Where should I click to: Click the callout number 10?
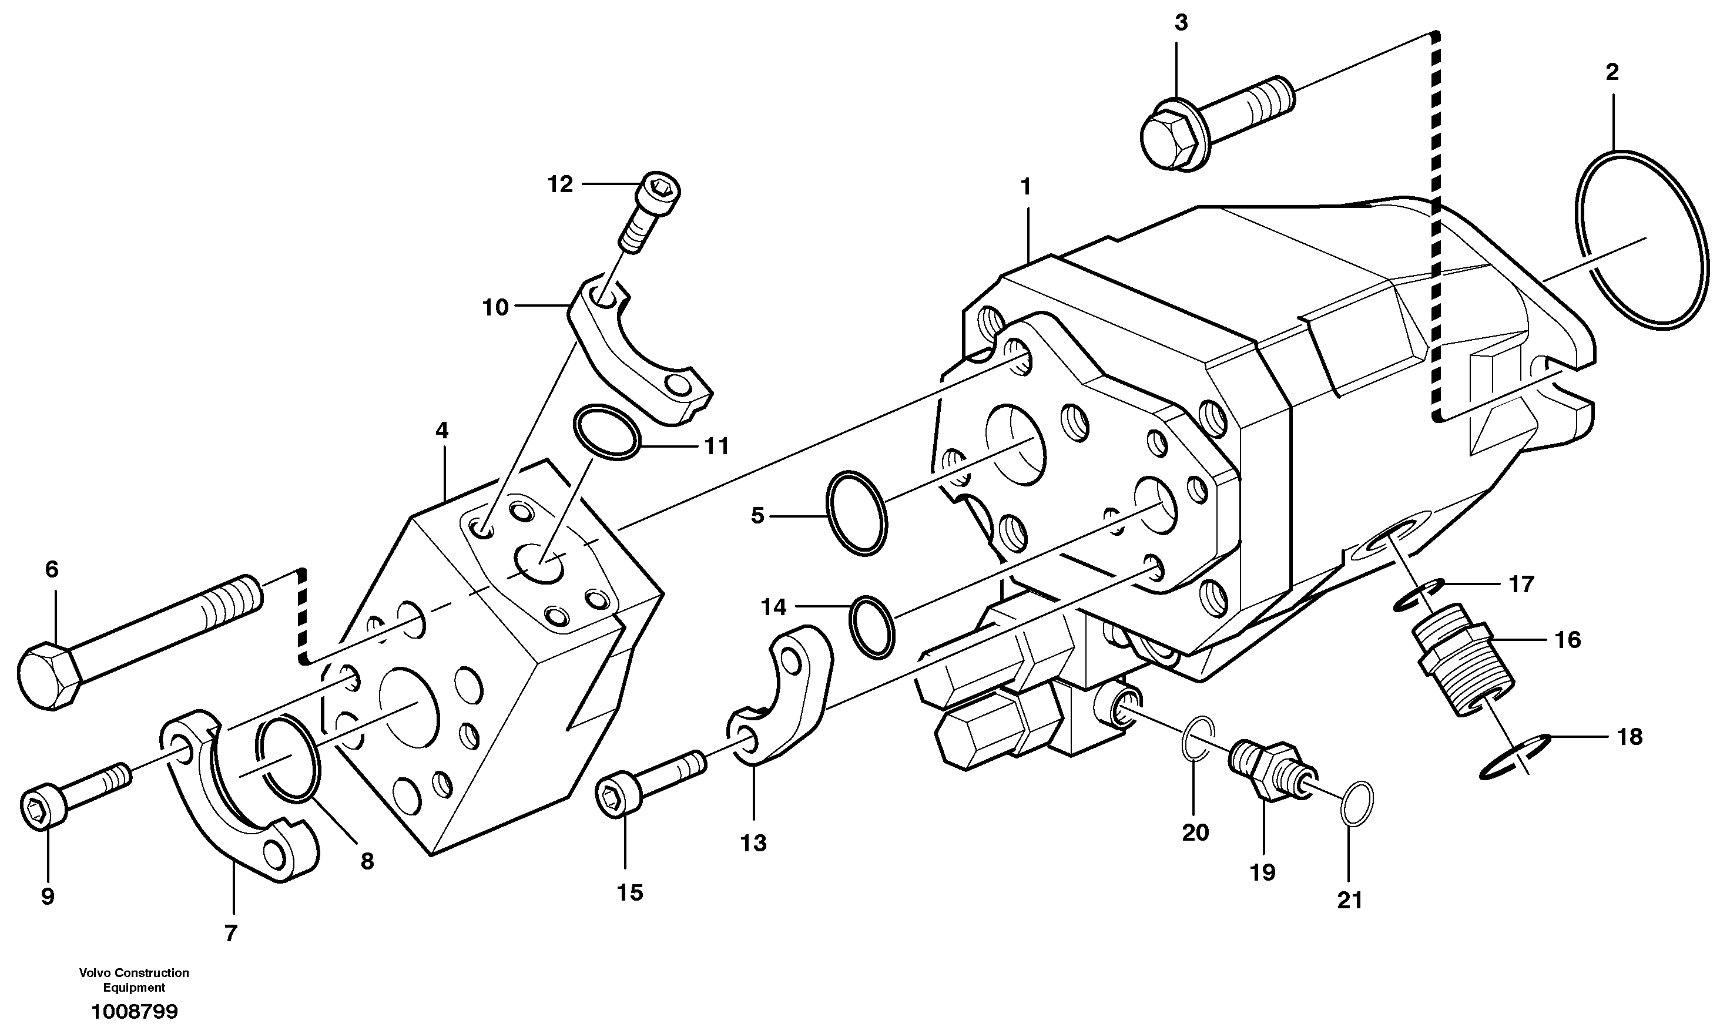[x=495, y=307]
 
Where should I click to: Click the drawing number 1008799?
[x=135, y=1011]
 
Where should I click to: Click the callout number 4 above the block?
[x=442, y=431]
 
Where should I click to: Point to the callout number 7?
[x=231, y=932]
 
